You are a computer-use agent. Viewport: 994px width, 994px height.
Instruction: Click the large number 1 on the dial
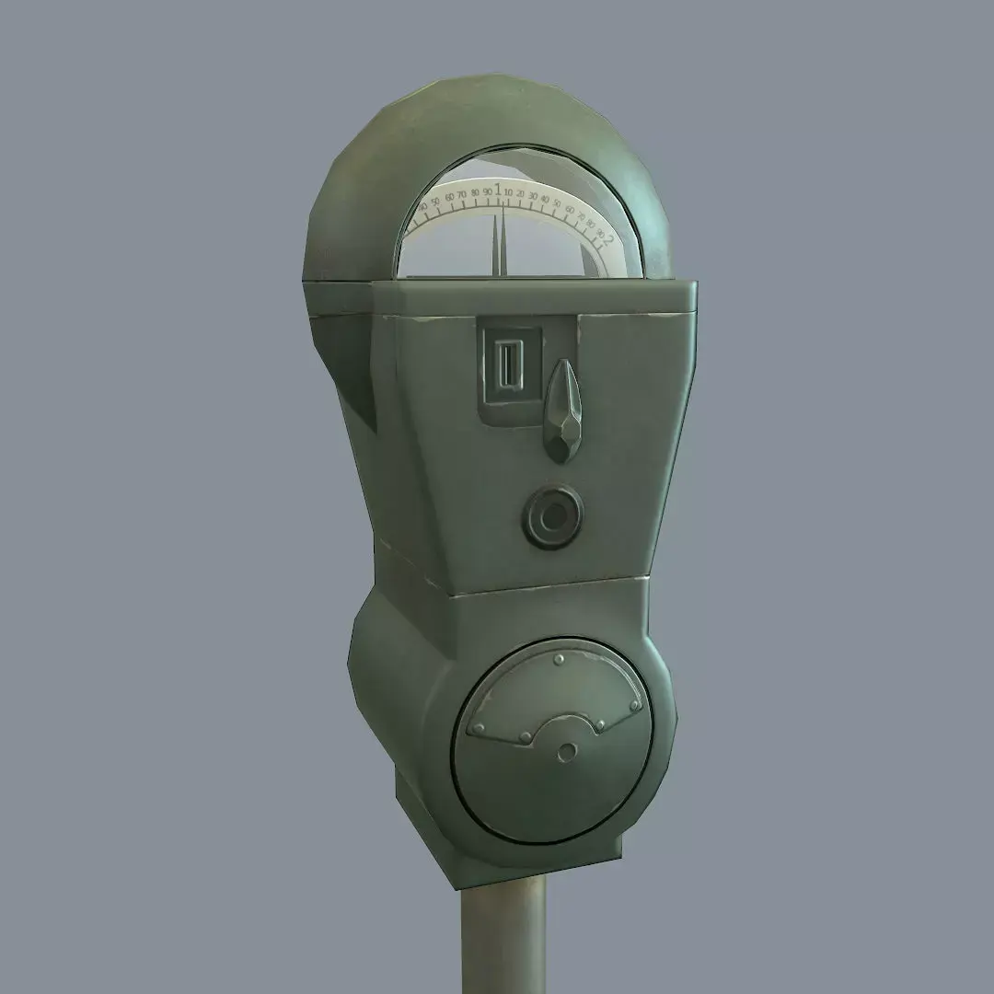498,190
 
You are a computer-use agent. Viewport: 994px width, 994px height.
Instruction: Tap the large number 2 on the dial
609,239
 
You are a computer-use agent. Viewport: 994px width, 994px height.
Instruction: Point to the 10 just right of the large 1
510,192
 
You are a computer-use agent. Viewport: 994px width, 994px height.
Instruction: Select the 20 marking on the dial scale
521,194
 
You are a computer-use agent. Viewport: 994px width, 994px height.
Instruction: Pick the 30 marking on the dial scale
533,197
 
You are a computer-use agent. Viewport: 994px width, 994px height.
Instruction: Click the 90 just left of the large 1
487,191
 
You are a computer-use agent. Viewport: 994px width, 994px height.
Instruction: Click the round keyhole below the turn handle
553,519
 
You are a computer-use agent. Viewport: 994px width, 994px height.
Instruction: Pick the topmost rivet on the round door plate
560,660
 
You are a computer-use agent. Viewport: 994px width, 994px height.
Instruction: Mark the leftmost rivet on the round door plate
477,729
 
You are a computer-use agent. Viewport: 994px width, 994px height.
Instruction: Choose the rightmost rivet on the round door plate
634,706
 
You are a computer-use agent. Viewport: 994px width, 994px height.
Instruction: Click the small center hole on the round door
565,754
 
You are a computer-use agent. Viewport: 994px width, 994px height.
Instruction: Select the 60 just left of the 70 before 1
449,197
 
